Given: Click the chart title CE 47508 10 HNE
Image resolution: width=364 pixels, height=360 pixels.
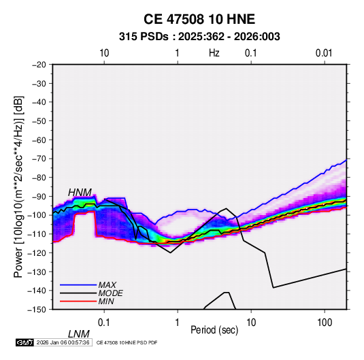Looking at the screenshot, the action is [199, 19].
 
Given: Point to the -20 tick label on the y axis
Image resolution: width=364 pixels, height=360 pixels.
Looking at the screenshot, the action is [39, 65].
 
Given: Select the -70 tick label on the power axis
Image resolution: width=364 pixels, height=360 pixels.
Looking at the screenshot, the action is [39, 159].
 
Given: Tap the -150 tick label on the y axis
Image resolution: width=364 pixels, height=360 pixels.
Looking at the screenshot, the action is [37, 310].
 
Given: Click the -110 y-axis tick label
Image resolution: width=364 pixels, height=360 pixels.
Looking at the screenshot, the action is [37, 234].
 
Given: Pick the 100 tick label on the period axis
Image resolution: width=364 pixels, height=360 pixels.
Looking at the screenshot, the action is [325, 323].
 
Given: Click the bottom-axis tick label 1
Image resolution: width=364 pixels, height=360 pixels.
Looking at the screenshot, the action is [178, 323].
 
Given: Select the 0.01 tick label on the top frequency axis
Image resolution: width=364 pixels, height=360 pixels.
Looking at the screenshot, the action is [324, 53].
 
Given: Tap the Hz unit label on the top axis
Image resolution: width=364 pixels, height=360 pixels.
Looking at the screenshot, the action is [214, 53].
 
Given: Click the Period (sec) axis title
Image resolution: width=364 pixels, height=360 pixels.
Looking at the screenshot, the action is [214, 330].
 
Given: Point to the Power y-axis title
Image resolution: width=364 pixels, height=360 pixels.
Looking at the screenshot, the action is [18, 187].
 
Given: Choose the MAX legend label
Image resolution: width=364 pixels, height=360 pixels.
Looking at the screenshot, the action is [107, 284].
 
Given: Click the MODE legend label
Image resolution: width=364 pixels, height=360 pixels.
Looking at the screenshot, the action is [110, 293].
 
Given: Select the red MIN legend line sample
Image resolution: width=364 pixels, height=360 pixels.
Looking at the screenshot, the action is [78, 301].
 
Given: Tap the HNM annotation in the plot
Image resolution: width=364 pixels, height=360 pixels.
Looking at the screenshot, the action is [80, 193].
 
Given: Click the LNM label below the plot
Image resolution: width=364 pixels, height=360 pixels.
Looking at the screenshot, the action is [79, 334].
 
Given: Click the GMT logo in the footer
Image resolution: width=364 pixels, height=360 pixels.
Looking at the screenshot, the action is [24, 342].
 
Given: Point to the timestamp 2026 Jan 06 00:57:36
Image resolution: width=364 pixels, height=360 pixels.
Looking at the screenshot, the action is [63, 342].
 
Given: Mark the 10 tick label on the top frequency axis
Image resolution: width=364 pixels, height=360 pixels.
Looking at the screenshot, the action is [104, 53].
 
